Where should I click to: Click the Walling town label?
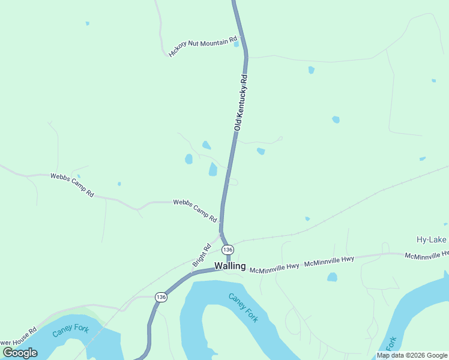point(230,266)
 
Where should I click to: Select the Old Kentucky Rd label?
point(241,103)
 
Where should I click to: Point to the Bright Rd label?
point(202,256)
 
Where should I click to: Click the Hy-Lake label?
point(432,240)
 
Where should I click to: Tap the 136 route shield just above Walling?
point(227,249)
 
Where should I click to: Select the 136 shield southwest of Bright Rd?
point(160,297)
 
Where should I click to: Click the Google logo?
point(20,353)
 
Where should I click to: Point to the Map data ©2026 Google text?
point(412,355)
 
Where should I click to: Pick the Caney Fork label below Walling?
point(243,307)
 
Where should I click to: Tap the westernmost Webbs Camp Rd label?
point(72,185)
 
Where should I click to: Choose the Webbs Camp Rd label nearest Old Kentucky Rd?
point(195,211)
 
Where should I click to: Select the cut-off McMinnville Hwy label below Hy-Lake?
point(426,256)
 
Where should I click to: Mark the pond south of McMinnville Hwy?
point(332,277)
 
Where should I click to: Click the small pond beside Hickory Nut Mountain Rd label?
point(237,44)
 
